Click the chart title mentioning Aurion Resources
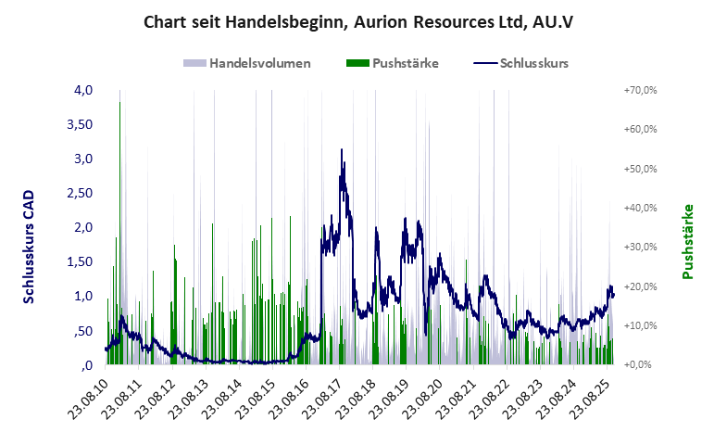tap(357, 21)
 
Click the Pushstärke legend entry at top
tap(405, 64)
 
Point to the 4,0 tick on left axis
tap(84, 90)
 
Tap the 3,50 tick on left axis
tap(81, 124)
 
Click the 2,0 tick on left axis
tap(84, 227)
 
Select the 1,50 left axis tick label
tap(81, 261)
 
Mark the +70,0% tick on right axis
tap(640, 90)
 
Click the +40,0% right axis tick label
tap(640, 208)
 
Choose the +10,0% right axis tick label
tap(640, 325)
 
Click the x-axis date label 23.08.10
tap(89, 400)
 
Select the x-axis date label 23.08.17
tap(322, 400)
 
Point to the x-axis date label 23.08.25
tap(589, 400)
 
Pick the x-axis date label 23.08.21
tap(456, 400)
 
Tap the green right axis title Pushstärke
tap(688, 242)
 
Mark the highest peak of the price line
tap(342, 149)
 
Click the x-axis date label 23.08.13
tap(189, 400)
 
